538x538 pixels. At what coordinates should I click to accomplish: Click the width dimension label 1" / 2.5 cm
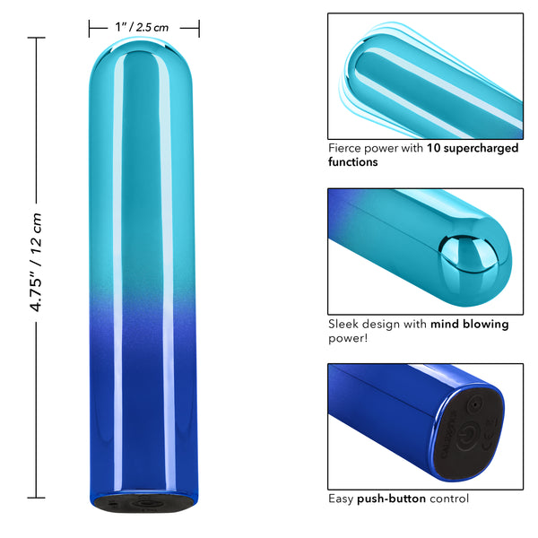click(143, 28)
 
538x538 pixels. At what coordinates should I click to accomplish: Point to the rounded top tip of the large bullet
click(144, 58)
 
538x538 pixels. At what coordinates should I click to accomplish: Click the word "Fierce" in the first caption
click(346, 148)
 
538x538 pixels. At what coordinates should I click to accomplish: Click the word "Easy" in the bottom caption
click(342, 499)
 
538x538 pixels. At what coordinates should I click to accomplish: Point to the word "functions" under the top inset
click(353, 162)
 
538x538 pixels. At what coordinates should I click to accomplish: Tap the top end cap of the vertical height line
click(37, 39)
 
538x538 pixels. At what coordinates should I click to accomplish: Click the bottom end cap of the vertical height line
click(37, 496)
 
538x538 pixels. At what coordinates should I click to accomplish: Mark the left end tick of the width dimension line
click(90, 29)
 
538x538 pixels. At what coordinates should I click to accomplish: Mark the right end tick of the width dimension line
click(199, 29)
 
